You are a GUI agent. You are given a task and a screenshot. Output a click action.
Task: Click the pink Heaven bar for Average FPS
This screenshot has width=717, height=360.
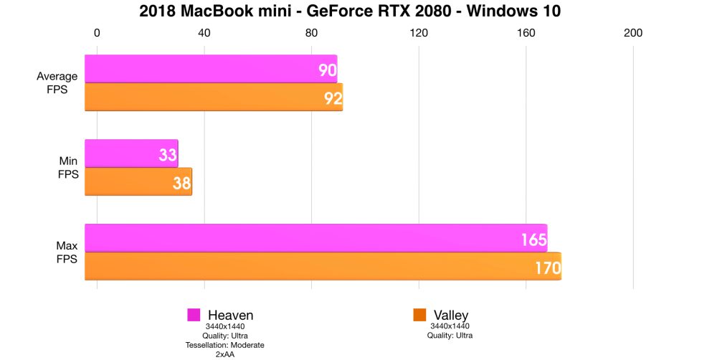pyautogui.click(x=210, y=69)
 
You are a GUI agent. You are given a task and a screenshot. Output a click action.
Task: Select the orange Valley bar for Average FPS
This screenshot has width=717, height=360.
pyautogui.click(x=213, y=98)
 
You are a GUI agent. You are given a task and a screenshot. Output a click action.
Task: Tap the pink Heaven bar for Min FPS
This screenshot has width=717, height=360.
pyautogui.click(x=130, y=153)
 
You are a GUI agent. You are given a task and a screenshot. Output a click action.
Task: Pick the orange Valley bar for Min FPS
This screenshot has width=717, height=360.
pyautogui.click(x=138, y=182)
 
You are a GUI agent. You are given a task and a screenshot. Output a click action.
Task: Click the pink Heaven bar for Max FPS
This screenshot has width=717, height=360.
pyautogui.click(x=315, y=238)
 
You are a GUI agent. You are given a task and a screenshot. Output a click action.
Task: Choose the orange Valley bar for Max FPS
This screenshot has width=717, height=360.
pyautogui.click(x=323, y=267)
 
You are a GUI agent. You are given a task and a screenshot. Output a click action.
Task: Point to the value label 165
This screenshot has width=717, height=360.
pyautogui.click(x=533, y=240)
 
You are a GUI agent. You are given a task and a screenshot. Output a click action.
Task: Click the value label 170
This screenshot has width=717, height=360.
pyautogui.click(x=547, y=268)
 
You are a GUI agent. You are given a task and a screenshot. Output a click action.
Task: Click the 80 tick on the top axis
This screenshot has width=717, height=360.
pyautogui.click(x=311, y=32)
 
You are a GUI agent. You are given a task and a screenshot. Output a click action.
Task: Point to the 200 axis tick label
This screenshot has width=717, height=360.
pyautogui.click(x=633, y=32)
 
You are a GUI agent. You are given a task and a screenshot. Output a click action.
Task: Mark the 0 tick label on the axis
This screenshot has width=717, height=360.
pyautogui.click(x=97, y=32)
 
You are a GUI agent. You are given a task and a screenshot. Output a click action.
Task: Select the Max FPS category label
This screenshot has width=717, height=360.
pyautogui.click(x=67, y=252)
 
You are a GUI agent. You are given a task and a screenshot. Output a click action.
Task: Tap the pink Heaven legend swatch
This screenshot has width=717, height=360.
pyautogui.click(x=194, y=315)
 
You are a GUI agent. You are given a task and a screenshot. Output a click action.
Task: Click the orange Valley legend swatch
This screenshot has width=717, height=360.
pyautogui.click(x=420, y=315)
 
